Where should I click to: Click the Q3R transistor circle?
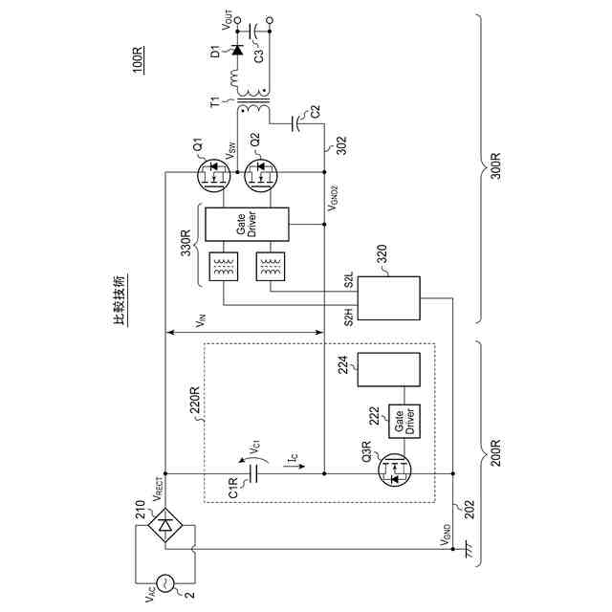point(396,472)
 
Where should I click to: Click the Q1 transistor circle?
point(215,175)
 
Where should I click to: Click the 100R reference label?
point(140,60)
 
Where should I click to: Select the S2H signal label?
point(350,317)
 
